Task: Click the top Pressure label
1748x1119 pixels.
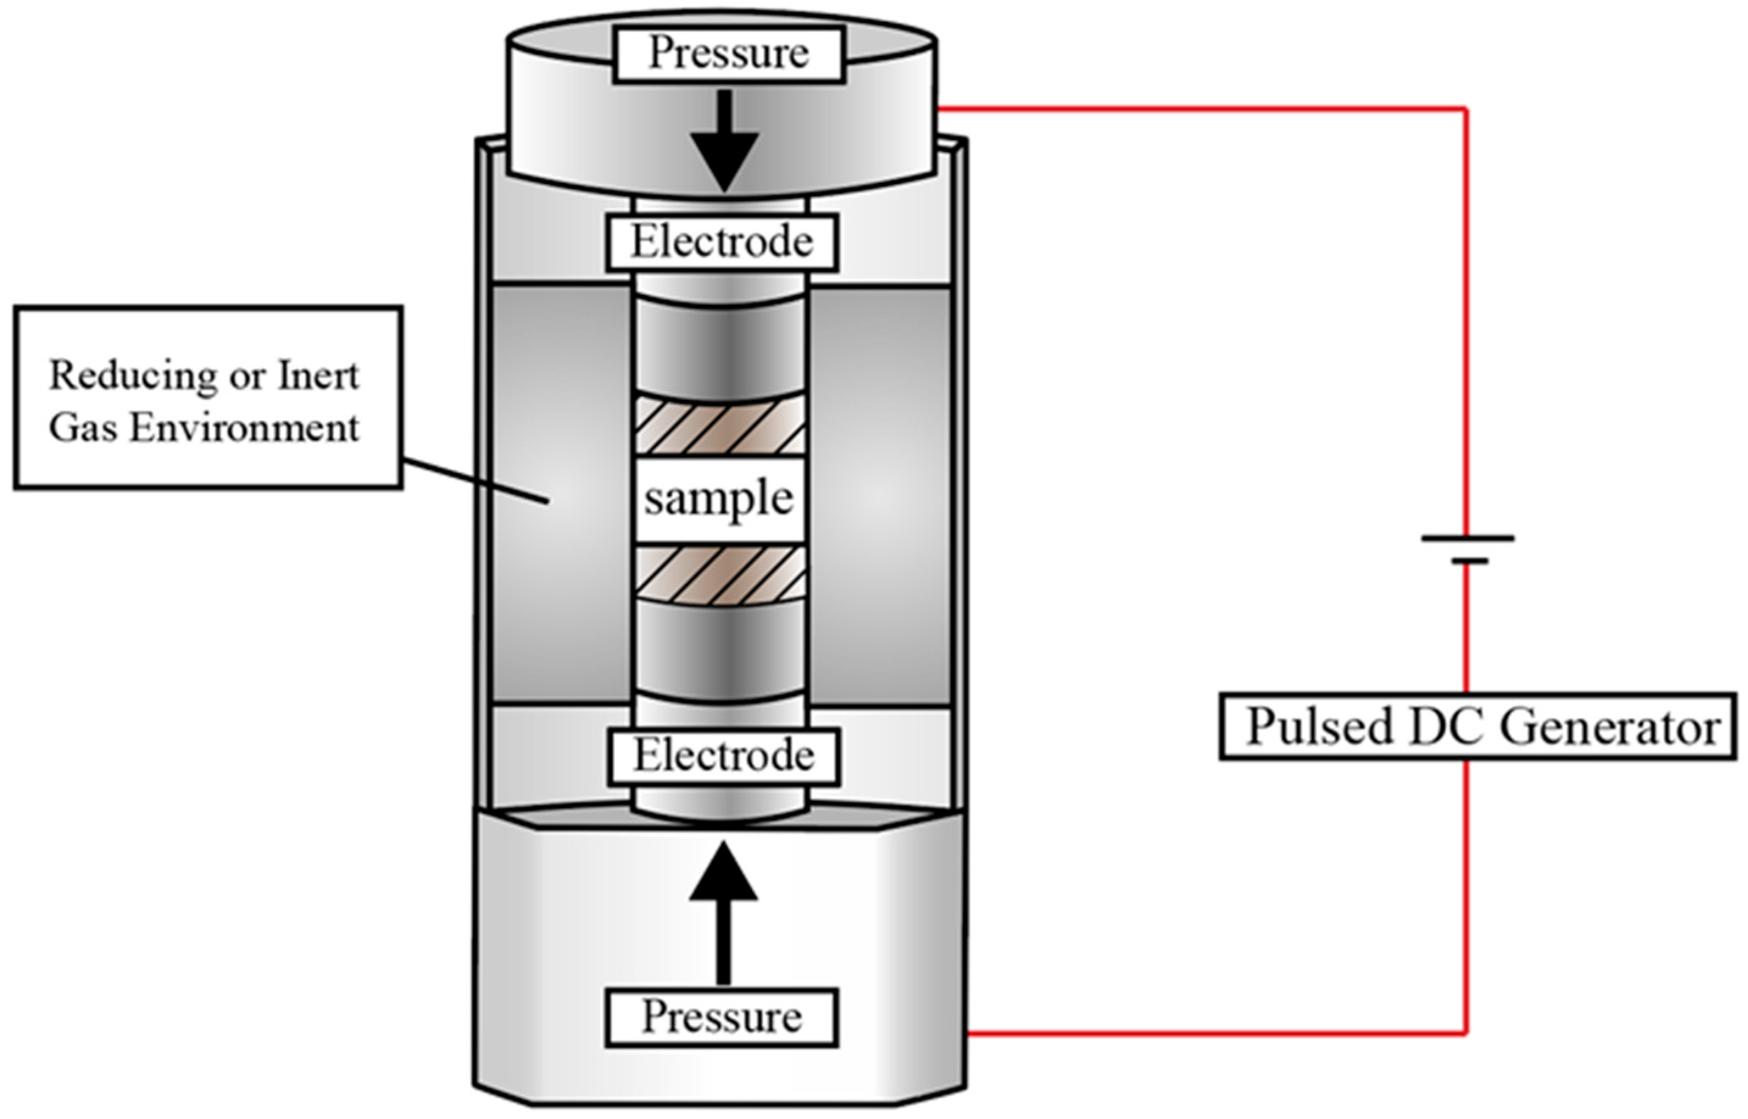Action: (x=729, y=54)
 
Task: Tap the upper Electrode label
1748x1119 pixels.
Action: (x=722, y=242)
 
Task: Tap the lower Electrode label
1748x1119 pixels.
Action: (x=724, y=756)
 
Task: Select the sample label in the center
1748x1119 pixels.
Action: (x=719, y=500)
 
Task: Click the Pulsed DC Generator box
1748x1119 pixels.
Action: (x=1479, y=726)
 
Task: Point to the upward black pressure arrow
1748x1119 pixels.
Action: (x=723, y=912)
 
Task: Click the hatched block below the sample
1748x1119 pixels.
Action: (x=720, y=575)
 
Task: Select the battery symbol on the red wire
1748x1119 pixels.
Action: (x=1468, y=549)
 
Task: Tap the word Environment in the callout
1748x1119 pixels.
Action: (x=245, y=427)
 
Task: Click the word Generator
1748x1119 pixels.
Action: (x=1611, y=726)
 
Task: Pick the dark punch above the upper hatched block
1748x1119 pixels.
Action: (x=720, y=347)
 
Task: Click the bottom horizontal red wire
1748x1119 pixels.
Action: (x=1217, y=1031)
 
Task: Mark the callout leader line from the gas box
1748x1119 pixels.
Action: (x=475, y=480)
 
